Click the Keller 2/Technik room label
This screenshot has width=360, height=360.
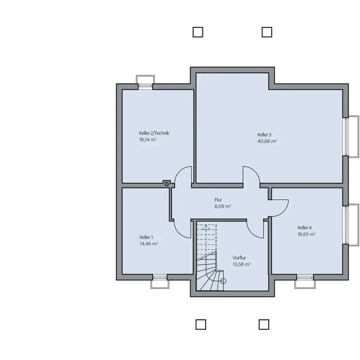[154, 133]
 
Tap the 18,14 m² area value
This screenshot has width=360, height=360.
[148, 140]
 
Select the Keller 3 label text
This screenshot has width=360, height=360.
[264, 135]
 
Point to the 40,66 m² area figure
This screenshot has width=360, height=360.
[267, 141]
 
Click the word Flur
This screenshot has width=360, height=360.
[218, 200]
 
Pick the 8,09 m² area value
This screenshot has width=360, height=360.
[223, 206]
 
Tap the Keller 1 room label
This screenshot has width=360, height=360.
[146, 237]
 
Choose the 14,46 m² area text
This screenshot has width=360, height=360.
[149, 244]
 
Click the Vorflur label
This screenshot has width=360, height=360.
[239, 258]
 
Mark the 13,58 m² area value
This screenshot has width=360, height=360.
[242, 264]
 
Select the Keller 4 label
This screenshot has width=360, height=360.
[304, 228]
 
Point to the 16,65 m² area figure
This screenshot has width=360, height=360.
[307, 234]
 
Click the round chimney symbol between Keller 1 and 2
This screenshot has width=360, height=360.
[167, 184]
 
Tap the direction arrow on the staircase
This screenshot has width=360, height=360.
[206, 227]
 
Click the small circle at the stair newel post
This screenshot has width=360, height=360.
[223, 281]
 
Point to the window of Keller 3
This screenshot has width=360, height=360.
[351, 137]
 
